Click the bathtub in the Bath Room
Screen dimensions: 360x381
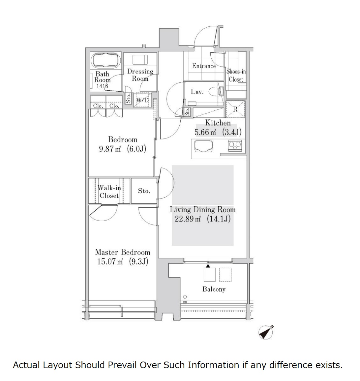pos(106,60)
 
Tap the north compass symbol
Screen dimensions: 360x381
pos(266,332)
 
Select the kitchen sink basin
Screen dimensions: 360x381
pos(203,146)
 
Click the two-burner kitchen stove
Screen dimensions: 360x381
pos(235,146)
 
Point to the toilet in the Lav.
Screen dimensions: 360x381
pos(218,92)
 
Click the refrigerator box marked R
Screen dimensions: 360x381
pos(235,109)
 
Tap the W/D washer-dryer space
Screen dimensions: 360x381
pos(142,100)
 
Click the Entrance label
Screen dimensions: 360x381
pos(204,66)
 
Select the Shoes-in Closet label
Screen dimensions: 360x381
pos(236,75)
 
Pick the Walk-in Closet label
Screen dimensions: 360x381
pos(109,191)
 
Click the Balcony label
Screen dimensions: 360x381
pos(214,289)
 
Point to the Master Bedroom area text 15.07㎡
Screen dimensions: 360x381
pos(110,261)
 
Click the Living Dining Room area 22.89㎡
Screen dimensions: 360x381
pos(188,219)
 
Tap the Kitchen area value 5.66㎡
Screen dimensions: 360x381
pos(205,132)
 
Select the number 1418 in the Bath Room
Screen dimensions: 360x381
pos(102,86)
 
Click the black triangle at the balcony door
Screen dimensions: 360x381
pos(208,266)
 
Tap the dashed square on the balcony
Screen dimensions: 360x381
pos(225,275)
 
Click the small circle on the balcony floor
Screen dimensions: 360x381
pos(185,297)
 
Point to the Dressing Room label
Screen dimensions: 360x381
pos(140,75)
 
